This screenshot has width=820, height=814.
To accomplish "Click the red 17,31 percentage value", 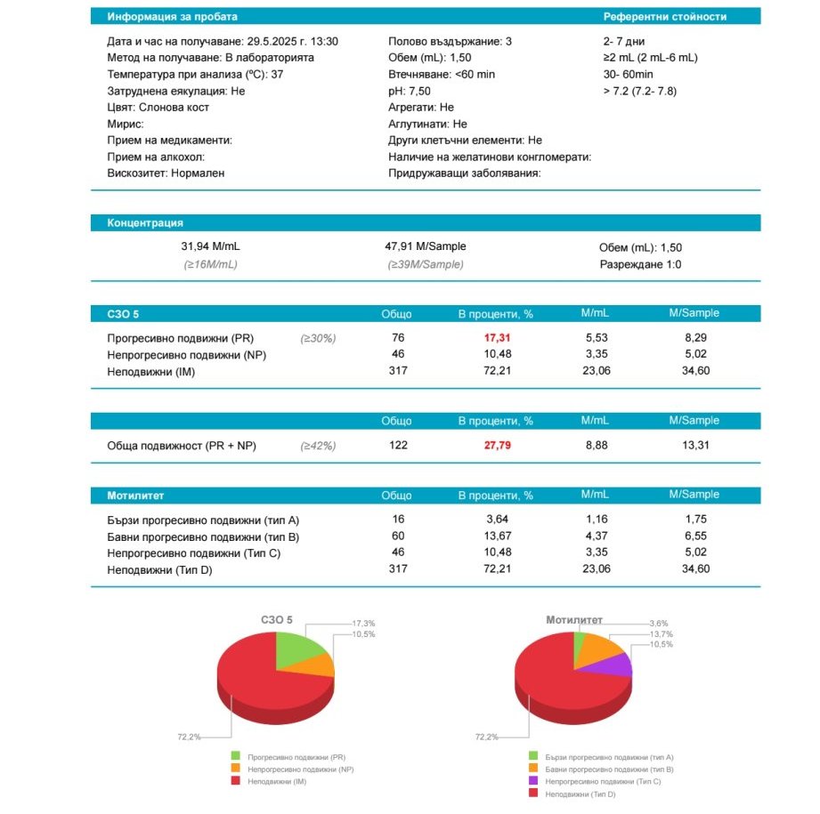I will pos(498,338).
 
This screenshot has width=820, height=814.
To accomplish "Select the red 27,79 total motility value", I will pos(498,446).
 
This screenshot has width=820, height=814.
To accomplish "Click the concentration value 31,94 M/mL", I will pos(210,246).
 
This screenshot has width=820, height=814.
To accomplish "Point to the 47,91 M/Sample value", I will pos(425,246).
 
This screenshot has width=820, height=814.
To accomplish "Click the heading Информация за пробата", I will pos(172,17).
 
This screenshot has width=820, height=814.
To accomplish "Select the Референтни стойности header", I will pos(664,17).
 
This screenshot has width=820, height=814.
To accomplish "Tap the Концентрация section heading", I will pos(145,223).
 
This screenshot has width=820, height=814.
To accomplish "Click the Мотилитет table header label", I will pos(135,496).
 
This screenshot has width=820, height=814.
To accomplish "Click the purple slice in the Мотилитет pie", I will pos(617,665).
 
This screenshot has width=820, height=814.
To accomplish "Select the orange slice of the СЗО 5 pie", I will pos(320,664).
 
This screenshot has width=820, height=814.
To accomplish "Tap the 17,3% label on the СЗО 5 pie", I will pos(364,623).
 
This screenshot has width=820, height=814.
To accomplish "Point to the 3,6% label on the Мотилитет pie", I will pos(659,623).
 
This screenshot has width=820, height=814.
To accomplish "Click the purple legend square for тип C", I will pos(532,780).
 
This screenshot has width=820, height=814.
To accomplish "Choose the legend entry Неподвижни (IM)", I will pos(277,780).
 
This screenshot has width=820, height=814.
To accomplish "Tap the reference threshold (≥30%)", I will pos(318,338).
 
